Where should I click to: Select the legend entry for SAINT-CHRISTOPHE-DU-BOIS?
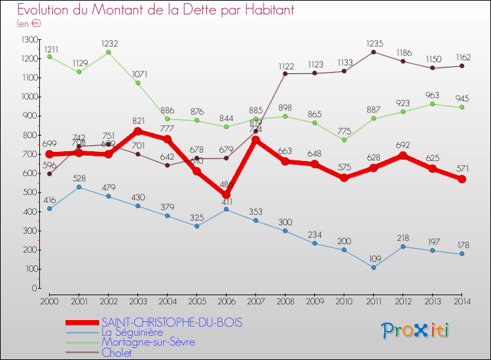[x=172, y=322]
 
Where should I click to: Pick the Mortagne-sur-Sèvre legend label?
[x=148, y=342]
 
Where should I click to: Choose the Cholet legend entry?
[x=117, y=353]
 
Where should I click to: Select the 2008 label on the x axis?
[x=285, y=300]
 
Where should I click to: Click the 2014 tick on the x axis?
[x=462, y=300]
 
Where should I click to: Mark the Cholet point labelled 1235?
[x=373, y=52]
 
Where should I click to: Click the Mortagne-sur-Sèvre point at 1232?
[x=108, y=52]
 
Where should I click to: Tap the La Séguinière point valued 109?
[x=373, y=267]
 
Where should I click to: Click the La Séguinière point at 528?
[x=79, y=187]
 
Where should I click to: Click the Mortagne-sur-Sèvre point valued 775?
[x=344, y=139]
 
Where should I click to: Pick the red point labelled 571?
[x=462, y=179]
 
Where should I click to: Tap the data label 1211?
[x=50, y=48]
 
